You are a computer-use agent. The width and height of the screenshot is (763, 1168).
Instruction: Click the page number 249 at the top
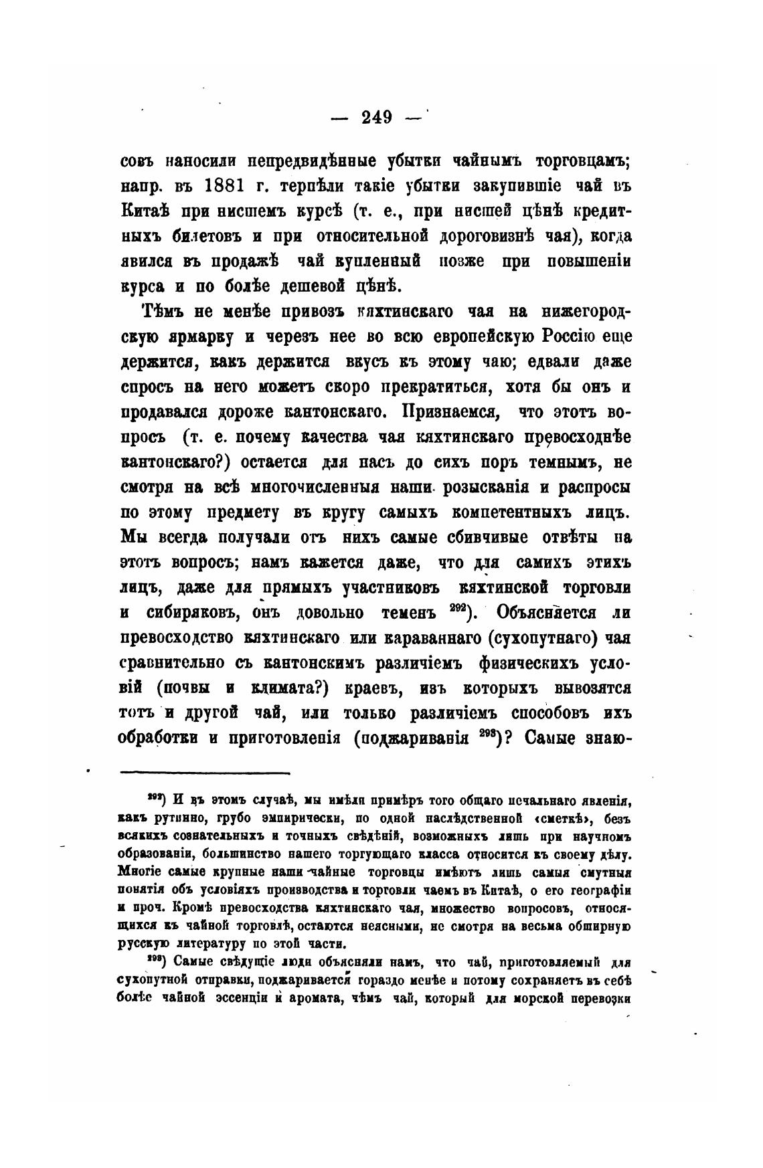coord(376,118)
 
